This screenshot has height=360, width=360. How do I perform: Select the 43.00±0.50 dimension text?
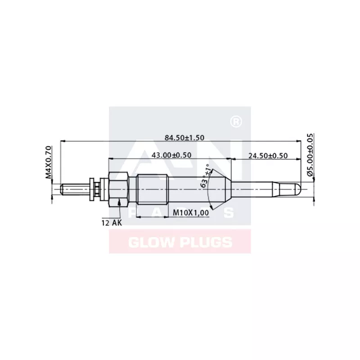click(x=171, y=155)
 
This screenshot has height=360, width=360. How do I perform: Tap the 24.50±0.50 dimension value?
click(x=268, y=155)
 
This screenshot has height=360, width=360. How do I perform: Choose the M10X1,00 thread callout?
click(x=191, y=213)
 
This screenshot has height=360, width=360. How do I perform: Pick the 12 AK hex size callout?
click(x=112, y=222)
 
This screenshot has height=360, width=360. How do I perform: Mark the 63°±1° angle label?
click(x=206, y=177)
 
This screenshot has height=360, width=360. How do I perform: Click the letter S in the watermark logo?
click(x=229, y=213)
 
